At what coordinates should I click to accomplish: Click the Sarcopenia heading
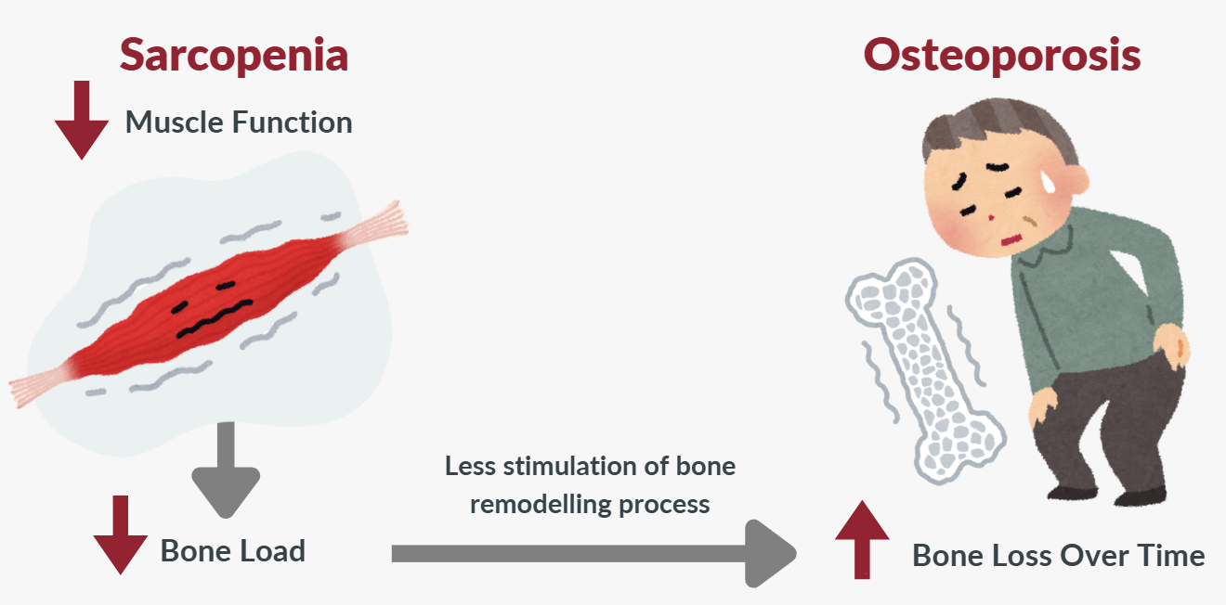233,55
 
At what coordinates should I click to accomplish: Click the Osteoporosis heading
1002,55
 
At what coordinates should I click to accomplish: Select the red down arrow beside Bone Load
118,535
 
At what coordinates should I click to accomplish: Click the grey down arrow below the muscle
226,469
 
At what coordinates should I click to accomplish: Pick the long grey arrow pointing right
594,553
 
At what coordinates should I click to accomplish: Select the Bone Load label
232,550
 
